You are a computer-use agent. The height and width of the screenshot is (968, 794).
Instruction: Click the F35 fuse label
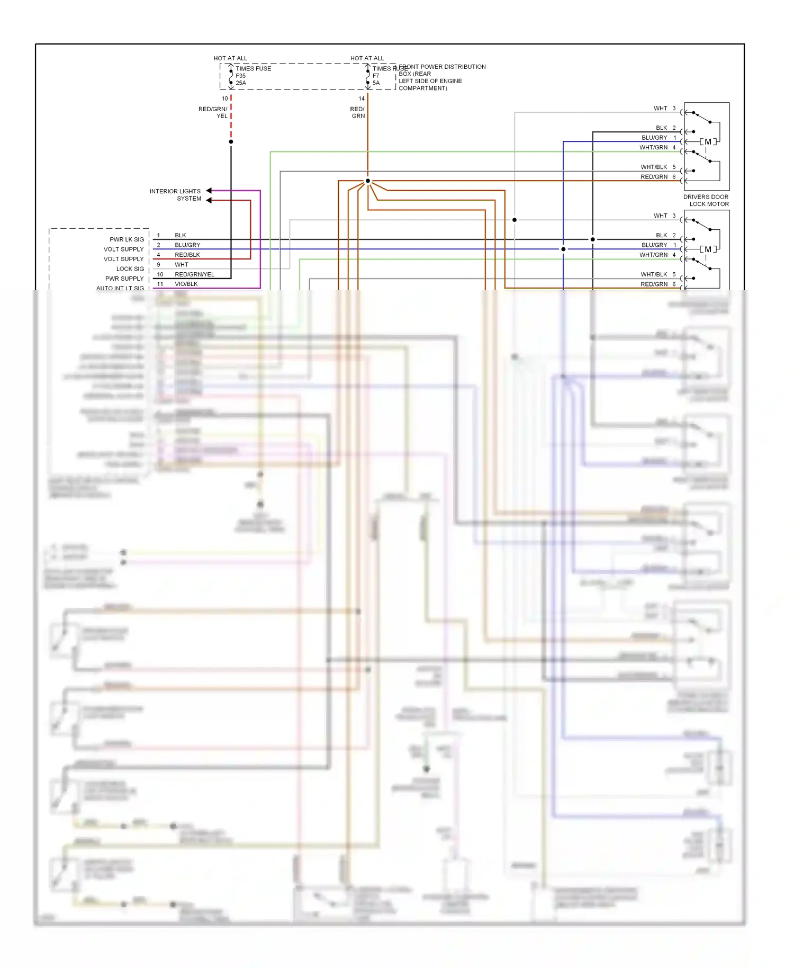[240, 76]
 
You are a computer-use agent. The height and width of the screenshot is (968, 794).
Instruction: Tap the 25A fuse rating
[241, 83]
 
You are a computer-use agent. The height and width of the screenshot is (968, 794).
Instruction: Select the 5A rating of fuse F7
[376, 83]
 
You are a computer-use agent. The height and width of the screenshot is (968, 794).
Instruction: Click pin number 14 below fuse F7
[362, 98]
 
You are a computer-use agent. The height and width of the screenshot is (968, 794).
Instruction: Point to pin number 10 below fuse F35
[224, 98]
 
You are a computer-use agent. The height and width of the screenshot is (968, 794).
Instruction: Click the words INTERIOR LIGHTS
[175, 191]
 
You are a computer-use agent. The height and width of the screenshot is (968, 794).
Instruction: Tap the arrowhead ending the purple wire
[209, 191]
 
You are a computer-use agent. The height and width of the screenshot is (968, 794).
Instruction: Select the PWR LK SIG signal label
[127, 239]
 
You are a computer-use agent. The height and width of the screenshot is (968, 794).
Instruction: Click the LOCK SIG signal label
[130, 269]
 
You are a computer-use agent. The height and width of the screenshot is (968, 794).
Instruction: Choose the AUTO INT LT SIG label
[120, 288]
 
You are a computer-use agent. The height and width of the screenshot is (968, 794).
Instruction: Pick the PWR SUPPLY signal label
[124, 279]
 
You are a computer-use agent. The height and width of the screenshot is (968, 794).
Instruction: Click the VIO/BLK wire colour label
[186, 284]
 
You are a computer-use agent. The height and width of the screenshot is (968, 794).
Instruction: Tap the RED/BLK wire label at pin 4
[187, 255]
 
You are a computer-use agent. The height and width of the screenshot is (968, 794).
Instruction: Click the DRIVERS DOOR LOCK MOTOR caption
[706, 200]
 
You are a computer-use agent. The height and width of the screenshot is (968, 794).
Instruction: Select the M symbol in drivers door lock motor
[708, 142]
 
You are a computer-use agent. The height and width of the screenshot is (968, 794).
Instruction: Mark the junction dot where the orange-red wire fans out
[368, 181]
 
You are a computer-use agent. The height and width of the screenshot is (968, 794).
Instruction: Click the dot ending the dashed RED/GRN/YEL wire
[231, 142]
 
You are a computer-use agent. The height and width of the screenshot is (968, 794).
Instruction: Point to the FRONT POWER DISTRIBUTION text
[443, 67]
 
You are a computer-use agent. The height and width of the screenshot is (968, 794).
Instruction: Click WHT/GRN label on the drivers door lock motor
[653, 148]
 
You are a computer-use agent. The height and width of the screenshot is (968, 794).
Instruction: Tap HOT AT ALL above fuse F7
[367, 58]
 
